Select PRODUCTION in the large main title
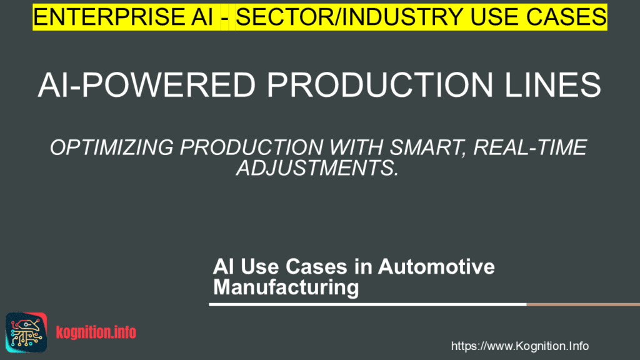point(380,85)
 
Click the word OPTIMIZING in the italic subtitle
point(112,147)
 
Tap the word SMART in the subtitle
point(427,147)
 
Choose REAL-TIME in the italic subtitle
point(530,147)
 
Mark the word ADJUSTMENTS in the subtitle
point(317,167)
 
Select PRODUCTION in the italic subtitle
point(251,147)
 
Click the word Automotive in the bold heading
point(436,266)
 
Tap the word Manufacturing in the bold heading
point(286,287)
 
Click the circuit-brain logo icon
point(26,332)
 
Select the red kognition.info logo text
point(96,332)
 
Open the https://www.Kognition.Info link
point(519,346)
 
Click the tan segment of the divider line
point(583,304)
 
